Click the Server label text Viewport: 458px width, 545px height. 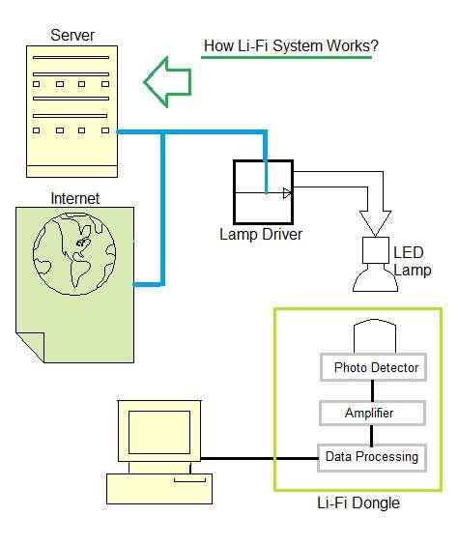coord(72,36)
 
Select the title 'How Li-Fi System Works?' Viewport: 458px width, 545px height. coord(290,45)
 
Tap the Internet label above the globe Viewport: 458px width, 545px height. coord(74,199)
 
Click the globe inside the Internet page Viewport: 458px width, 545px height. coord(72,254)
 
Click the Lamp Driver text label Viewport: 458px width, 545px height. coord(261,235)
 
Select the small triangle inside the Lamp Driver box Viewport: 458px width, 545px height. coord(286,193)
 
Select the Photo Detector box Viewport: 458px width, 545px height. coord(372,367)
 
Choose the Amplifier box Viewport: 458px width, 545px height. coord(372,413)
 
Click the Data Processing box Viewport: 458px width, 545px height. coord(372,456)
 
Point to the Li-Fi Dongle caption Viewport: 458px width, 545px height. coord(358,503)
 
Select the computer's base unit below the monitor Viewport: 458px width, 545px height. coord(158,488)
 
